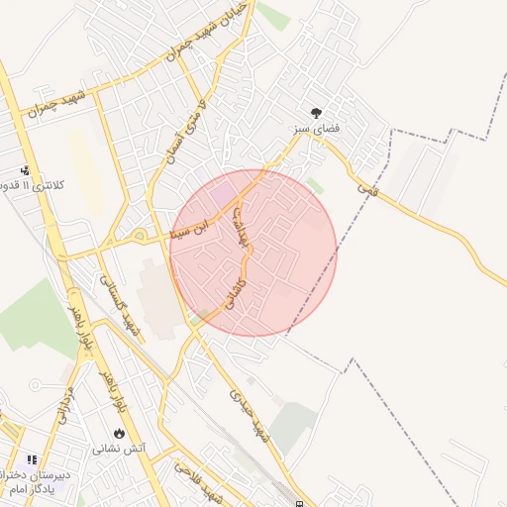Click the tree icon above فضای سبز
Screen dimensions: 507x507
point(317,114)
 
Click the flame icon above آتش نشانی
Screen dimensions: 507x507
point(120,434)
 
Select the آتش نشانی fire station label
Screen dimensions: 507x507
point(120,449)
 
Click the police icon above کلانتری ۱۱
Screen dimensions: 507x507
point(25,170)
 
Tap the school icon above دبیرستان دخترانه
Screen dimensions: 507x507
point(31,460)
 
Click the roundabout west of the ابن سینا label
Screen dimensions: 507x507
point(140,236)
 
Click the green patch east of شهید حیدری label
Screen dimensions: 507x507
point(293,426)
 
